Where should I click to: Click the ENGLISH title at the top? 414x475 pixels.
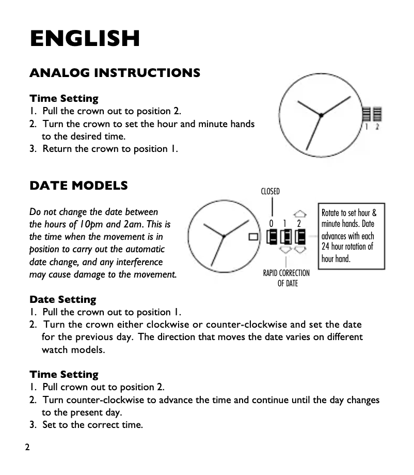tap(85, 39)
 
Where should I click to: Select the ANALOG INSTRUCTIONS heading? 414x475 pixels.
tap(115, 73)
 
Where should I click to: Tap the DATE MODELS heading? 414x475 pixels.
tap(78, 186)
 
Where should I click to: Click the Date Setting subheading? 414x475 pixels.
tap(62, 300)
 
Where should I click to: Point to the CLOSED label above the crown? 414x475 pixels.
tap(270, 192)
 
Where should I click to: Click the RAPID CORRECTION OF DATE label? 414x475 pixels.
tap(286, 278)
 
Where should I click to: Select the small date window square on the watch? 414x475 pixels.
tap(253, 237)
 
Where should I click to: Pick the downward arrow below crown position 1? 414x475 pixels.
tap(285, 250)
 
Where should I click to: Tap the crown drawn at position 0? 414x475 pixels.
tap(272, 237)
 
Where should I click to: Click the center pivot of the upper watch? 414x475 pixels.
tap(321, 115)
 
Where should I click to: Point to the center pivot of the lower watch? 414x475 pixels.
tap(224, 236)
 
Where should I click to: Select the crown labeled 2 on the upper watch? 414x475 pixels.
tap(377, 113)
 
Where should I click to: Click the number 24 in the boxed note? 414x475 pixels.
tap(326, 247)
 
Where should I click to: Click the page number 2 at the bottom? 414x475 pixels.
tap(27, 447)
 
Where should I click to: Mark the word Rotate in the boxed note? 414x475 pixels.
tap(331, 213)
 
